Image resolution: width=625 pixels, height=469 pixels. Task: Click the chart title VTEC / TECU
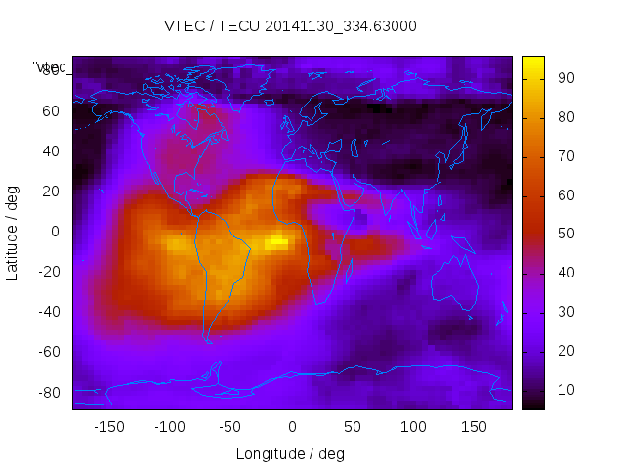pyautogui.click(x=290, y=26)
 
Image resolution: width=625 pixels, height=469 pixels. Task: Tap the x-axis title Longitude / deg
pyautogui.click(x=290, y=453)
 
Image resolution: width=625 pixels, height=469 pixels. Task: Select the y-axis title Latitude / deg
pyautogui.click(x=13, y=232)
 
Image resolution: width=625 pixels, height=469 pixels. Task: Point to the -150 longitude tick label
pyautogui.click(x=109, y=426)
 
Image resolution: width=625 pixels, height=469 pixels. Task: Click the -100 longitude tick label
pyautogui.click(x=170, y=426)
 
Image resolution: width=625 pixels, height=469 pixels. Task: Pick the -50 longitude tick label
pyautogui.click(x=230, y=426)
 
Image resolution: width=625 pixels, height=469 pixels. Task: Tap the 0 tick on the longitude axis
pyautogui.click(x=291, y=426)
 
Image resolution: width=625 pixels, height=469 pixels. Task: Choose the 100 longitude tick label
pyautogui.click(x=413, y=426)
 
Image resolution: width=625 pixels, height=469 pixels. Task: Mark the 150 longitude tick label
pyautogui.click(x=474, y=426)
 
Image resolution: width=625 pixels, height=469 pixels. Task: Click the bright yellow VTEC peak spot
pyautogui.click(x=278, y=240)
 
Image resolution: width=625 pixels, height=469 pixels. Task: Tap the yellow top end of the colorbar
pyautogui.click(x=533, y=61)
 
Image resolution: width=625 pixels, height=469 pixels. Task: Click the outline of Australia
pyautogui.click(x=455, y=287)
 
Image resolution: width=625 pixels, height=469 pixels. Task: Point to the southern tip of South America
pyautogui.click(x=208, y=340)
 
